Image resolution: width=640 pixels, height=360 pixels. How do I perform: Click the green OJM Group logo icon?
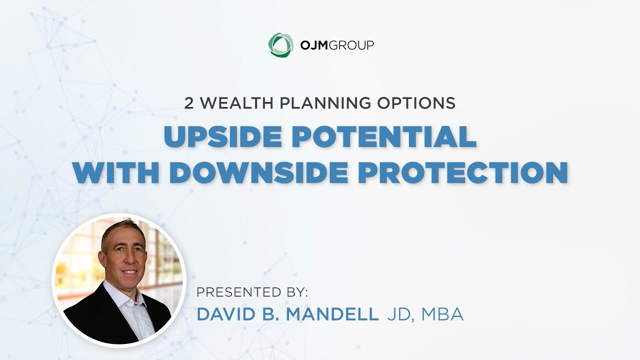click(278, 44)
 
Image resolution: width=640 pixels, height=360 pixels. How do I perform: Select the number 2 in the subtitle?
click(188, 103)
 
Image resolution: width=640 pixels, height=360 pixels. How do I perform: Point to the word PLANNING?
click(316, 103)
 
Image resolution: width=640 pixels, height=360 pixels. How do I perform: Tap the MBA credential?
click(442, 314)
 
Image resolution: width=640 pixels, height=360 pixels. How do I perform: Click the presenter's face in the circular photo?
click(121, 255)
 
